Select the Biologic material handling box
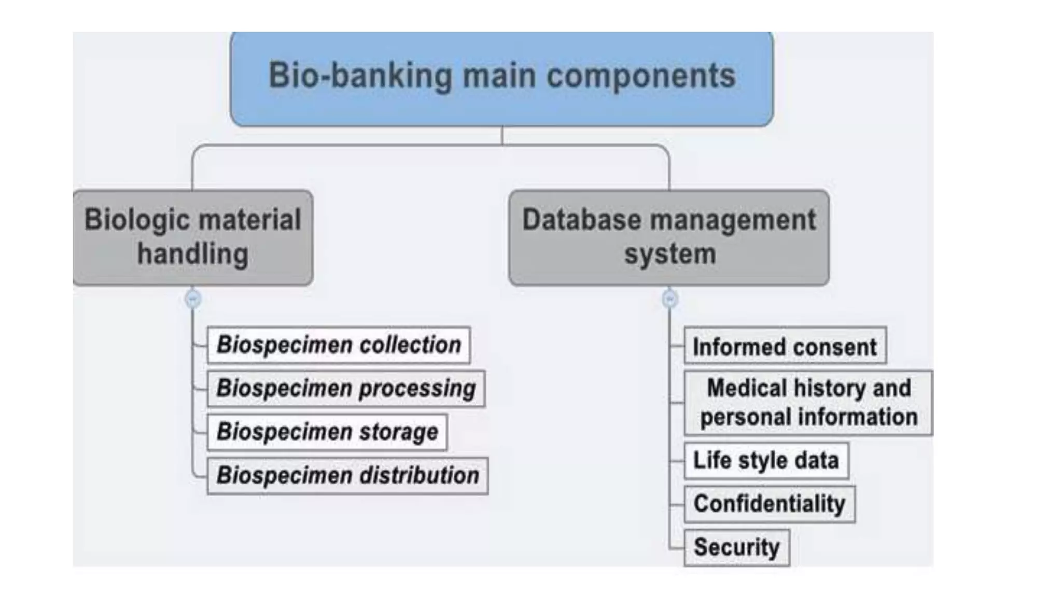pyautogui.click(x=192, y=237)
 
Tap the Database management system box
pyautogui.click(x=668, y=237)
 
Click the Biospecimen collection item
pyautogui.click(x=338, y=345)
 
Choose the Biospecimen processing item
pyautogui.click(x=346, y=389)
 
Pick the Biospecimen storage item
pyautogui.click(x=327, y=432)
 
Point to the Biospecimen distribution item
pyautogui.click(x=347, y=476)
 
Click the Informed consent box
pyautogui.click(x=785, y=347)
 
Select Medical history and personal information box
pyautogui.click(x=808, y=403)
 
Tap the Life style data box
pyautogui.click(x=766, y=461)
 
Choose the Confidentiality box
pyautogui.click(x=769, y=504)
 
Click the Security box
pyautogui.click(x=736, y=548)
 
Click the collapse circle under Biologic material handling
pyautogui.click(x=193, y=299)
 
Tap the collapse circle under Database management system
pyautogui.click(x=669, y=299)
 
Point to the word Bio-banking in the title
pyautogui.click(x=360, y=76)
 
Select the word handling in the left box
pyautogui.click(x=192, y=254)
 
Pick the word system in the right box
pyautogui.click(x=669, y=254)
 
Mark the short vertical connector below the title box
pyautogui.click(x=502, y=135)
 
